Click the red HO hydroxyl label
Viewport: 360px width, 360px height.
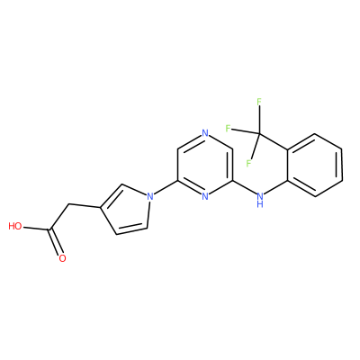coord(15,226)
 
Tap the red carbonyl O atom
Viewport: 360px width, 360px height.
coord(62,258)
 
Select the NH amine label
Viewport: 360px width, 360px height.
coord(260,200)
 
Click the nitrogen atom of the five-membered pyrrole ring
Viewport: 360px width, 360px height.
coord(150,196)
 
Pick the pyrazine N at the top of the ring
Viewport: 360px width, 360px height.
coord(205,133)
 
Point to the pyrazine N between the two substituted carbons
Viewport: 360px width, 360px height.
coord(205,196)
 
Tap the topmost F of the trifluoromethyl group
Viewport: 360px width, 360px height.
coord(259,102)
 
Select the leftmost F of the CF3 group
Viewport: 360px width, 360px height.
coord(228,129)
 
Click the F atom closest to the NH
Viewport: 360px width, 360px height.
coord(248,164)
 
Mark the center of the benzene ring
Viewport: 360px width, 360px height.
coord(315,165)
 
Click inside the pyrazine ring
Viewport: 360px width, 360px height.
coord(205,165)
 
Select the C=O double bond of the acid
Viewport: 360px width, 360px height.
coord(56,243)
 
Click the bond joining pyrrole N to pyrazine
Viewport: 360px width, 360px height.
coord(166,188)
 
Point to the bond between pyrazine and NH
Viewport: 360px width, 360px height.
coord(244,188)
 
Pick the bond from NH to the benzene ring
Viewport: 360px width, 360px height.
coord(276,188)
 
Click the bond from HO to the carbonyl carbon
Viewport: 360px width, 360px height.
coord(37,229)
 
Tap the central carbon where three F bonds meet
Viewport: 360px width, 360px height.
coord(260,134)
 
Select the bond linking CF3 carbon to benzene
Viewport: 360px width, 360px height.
coord(274,141)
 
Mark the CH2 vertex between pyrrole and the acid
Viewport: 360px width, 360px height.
coord(69,204)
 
